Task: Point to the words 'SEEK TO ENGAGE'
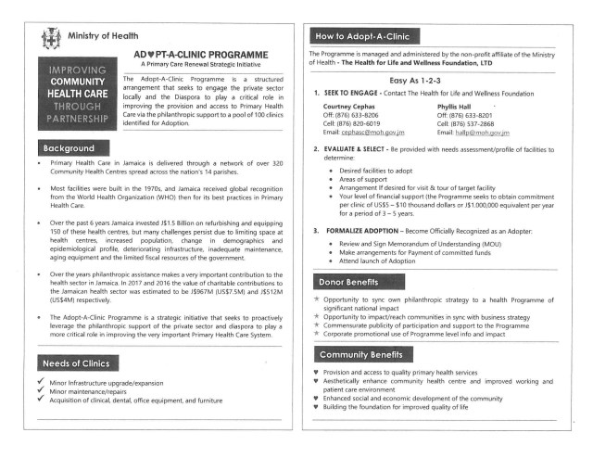pos(359,94)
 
